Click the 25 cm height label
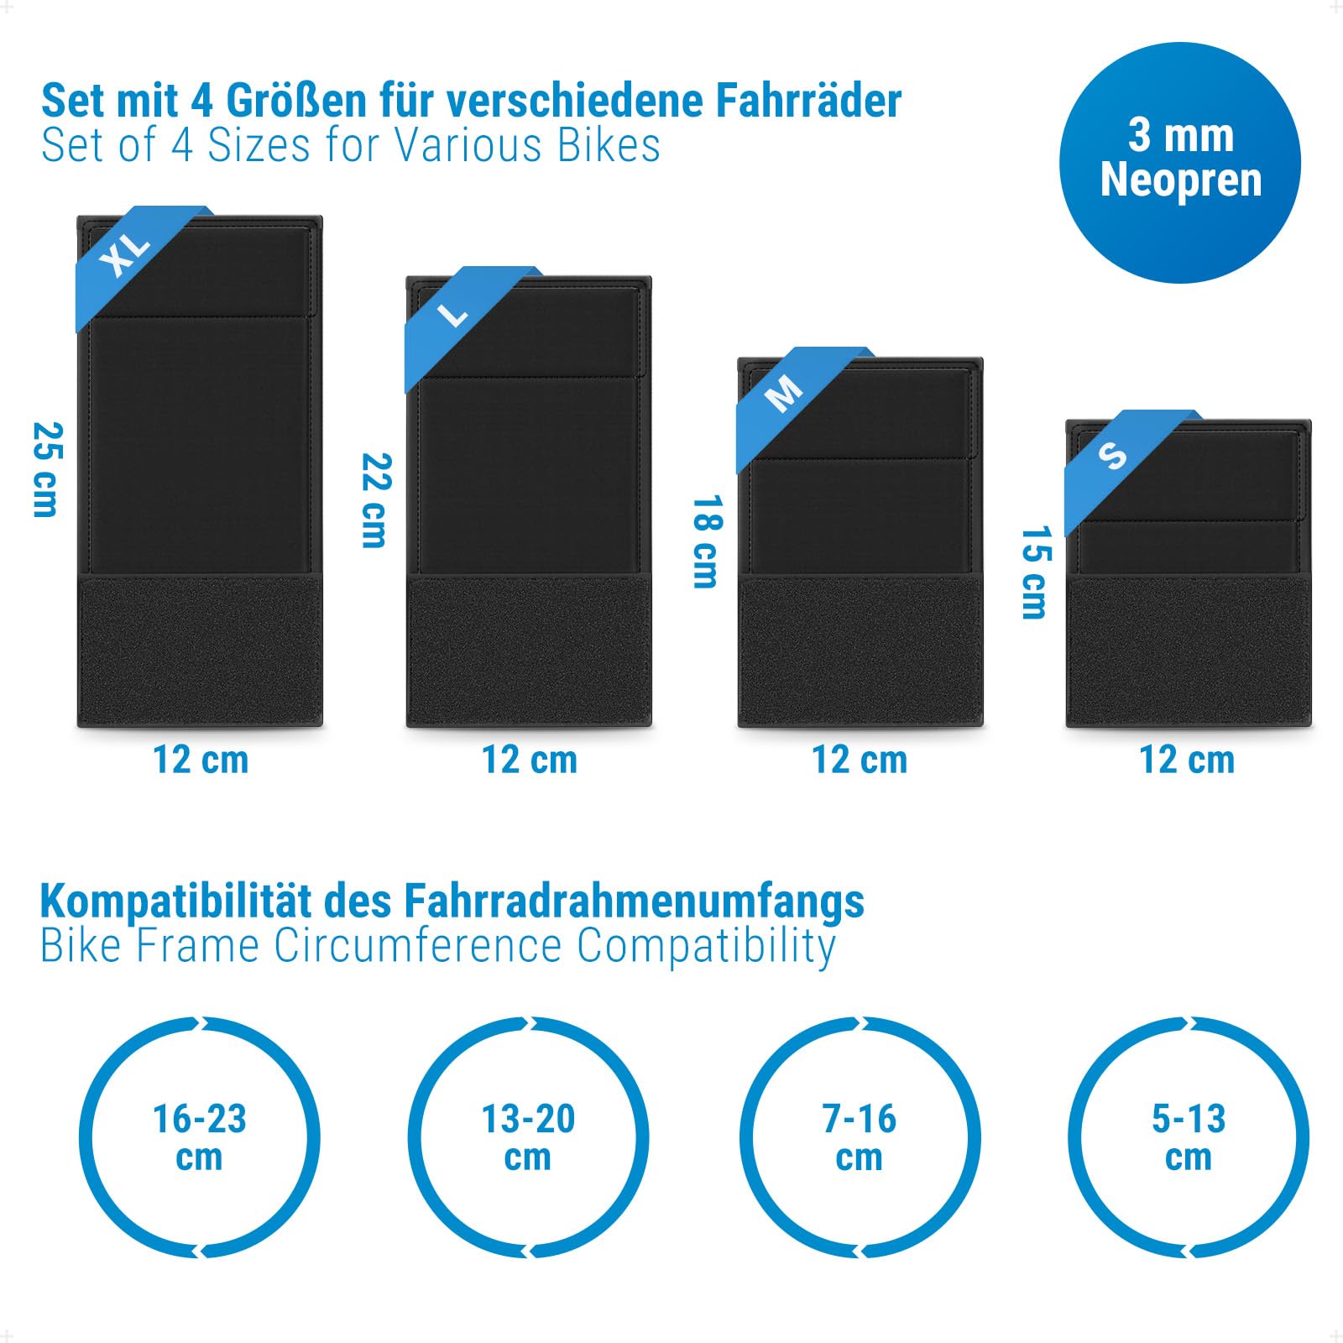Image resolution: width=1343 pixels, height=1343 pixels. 46,470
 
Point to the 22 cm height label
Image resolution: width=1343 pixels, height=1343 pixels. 376,501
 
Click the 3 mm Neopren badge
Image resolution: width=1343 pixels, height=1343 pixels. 1180,162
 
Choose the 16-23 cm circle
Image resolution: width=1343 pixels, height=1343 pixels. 200,1137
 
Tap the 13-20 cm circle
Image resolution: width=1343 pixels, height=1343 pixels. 529,1137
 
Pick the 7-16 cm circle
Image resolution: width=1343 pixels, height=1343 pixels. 860,1137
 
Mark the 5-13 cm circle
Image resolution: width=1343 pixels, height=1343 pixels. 1189,1137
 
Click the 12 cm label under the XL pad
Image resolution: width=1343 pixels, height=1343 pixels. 201,760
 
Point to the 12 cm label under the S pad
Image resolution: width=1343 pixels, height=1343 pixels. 1187,760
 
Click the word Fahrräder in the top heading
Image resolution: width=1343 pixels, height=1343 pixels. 808,101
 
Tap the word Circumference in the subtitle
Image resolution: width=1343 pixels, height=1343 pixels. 418,946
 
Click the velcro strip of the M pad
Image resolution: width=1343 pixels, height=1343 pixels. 860,651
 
